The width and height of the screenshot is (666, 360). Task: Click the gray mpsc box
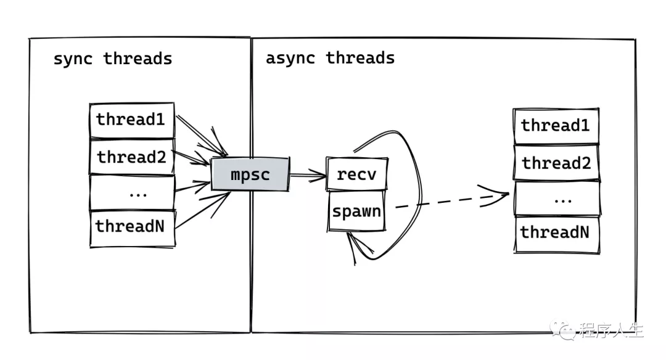(x=250, y=174)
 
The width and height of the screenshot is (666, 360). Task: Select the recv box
(x=357, y=174)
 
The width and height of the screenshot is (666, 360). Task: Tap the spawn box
(x=356, y=211)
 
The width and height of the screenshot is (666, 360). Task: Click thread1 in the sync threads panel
(x=132, y=120)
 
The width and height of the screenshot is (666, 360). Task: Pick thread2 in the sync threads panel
(x=132, y=157)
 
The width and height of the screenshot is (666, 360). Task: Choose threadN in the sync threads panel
(x=133, y=229)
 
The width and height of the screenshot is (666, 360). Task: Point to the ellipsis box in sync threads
(x=132, y=192)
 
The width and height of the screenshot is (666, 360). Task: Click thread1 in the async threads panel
(x=556, y=126)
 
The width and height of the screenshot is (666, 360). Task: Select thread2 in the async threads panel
(x=556, y=163)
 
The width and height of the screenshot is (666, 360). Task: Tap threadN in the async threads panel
(x=557, y=235)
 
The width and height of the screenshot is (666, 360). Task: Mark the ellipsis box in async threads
(x=557, y=198)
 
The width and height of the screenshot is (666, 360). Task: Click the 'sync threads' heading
(x=113, y=59)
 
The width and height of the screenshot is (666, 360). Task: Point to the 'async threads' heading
(x=330, y=58)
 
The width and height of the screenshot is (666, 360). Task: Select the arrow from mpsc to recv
(x=308, y=174)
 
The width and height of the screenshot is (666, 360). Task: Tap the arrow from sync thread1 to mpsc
(x=202, y=135)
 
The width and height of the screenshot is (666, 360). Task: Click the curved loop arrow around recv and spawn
(x=421, y=195)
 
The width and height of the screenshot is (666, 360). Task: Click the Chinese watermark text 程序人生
(x=612, y=330)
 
